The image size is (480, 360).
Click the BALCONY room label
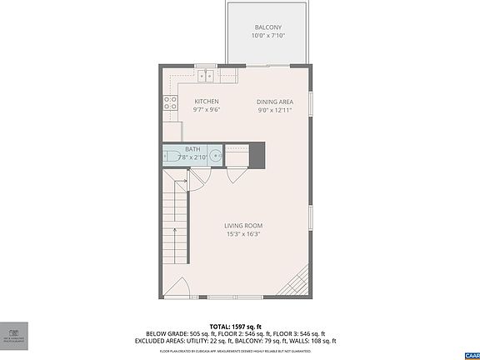[x=267, y=27]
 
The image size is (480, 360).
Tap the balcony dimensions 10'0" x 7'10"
[x=267, y=36]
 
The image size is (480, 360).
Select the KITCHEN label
[x=206, y=102]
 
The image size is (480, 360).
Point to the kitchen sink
[x=206, y=77]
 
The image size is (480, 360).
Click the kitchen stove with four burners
[x=170, y=103]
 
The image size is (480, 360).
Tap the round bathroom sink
[x=215, y=155]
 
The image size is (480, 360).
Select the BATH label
[x=192, y=149]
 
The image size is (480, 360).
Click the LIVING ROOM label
[x=243, y=226]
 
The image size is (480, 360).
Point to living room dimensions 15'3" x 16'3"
[x=243, y=234]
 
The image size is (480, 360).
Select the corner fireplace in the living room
[x=300, y=281]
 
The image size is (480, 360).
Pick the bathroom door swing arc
[x=200, y=179]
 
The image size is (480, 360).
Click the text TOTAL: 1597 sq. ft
[x=236, y=326]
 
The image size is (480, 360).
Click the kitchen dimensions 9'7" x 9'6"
[x=206, y=110]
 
